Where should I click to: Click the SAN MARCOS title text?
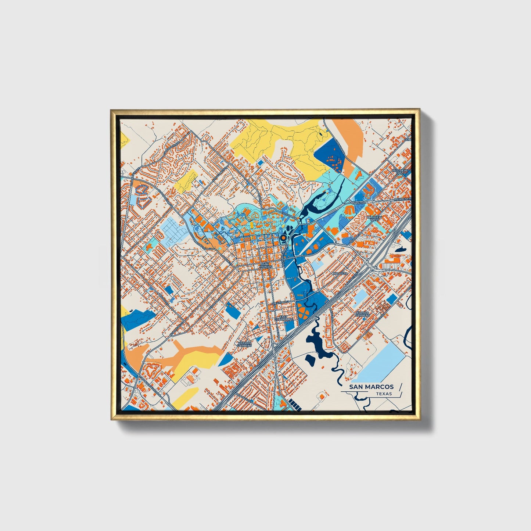tap(371, 387)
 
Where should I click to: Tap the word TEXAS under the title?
tap(384, 394)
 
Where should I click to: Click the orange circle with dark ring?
tap(283, 238)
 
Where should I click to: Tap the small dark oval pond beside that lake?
tap(310, 359)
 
